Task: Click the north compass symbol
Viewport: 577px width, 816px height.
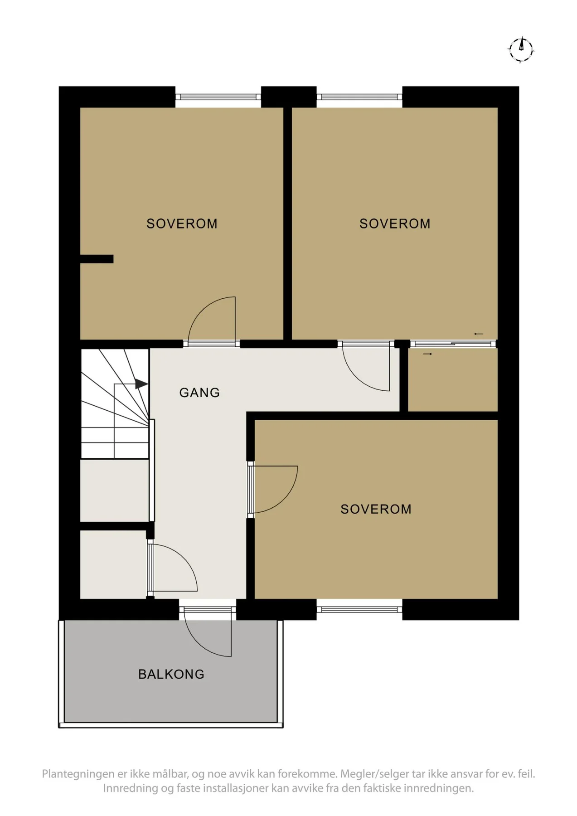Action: [521, 49]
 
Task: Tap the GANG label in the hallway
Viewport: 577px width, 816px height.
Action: [199, 393]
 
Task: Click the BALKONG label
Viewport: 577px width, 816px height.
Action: [171, 674]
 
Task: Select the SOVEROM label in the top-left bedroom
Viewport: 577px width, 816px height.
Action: [182, 223]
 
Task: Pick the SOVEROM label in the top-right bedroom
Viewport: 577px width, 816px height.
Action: [395, 223]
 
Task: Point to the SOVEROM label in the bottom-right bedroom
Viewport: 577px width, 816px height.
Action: [376, 509]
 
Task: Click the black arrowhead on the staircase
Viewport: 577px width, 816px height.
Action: [141, 384]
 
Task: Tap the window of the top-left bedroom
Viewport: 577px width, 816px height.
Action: [218, 97]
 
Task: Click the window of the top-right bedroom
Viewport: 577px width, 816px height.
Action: [359, 97]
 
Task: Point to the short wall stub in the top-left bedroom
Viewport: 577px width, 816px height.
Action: [97, 259]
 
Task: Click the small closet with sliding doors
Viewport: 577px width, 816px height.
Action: [452, 380]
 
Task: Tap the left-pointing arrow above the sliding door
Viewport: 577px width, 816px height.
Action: [479, 334]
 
